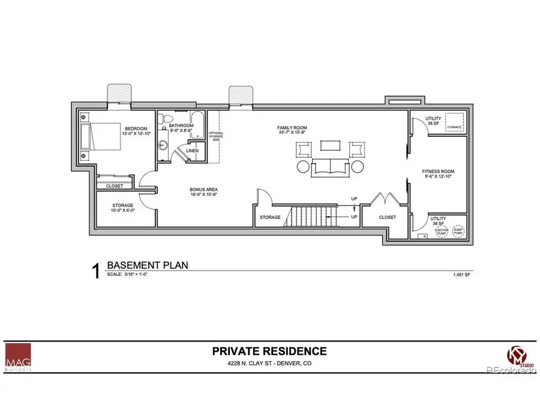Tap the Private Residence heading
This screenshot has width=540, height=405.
coord(269,352)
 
